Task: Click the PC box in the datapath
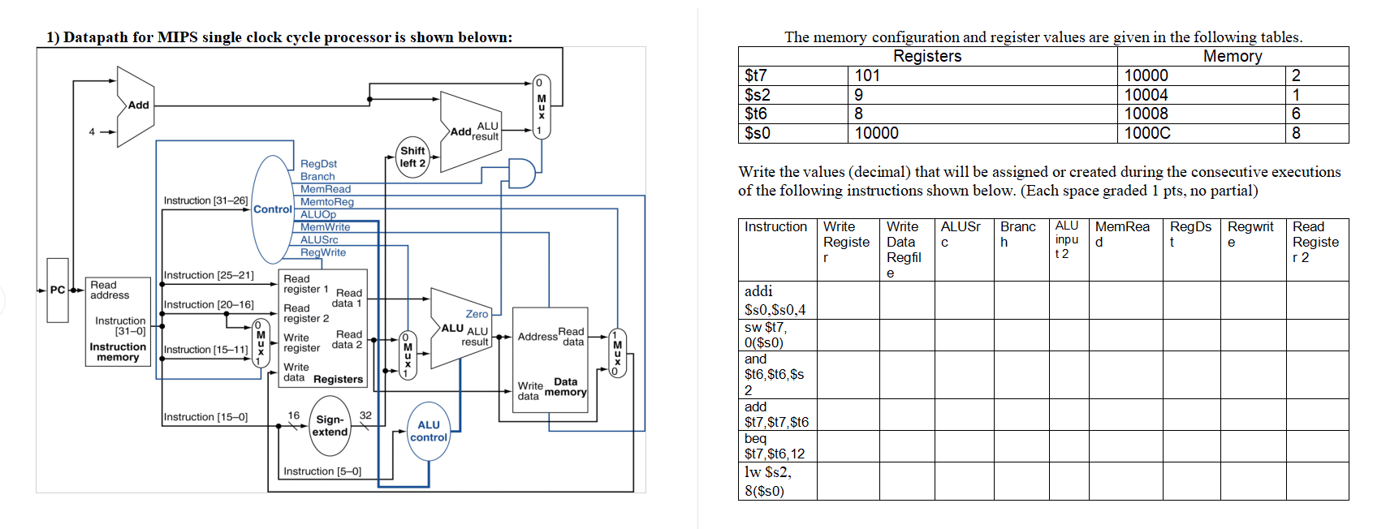[x=57, y=290]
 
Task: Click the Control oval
[x=272, y=209]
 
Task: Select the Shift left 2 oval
[x=412, y=157]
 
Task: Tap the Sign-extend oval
[x=330, y=425]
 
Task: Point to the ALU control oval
[x=429, y=431]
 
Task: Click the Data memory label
[x=566, y=387]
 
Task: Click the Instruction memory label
[x=118, y=352]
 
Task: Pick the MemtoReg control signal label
[x=326, y=202]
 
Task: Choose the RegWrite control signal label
[x=322, y=252]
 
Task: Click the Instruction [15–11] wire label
[x=205, y=350]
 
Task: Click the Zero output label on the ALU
[x=477, y=314]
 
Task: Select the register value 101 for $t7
[x=867, y=75]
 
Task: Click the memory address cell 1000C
[x=1146, y=133]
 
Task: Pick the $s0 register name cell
[x=758, y=133]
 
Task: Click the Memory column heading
[x=1232, y=56]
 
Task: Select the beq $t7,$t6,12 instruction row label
[x=775, y=446]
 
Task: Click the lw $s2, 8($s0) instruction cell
[x=768, y=481]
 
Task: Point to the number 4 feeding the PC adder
[x=92, y=131]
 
